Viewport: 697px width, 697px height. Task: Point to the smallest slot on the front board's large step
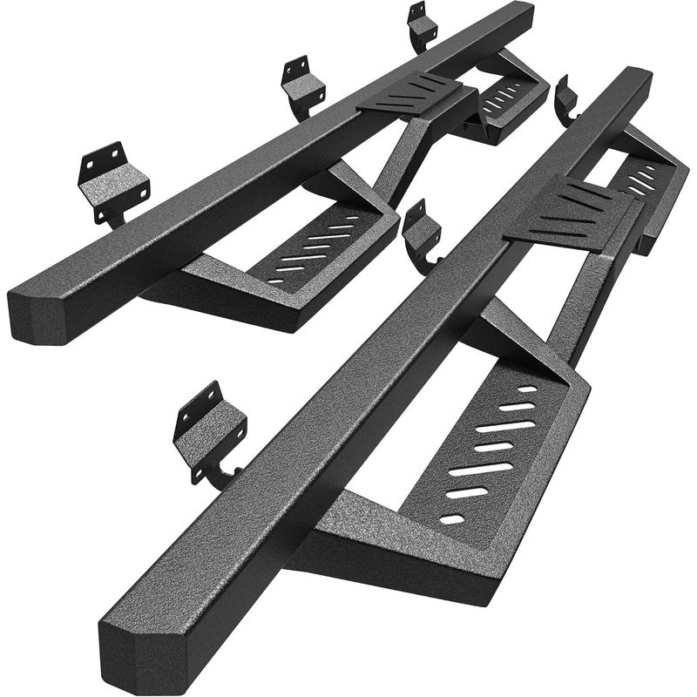coord(452,520)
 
